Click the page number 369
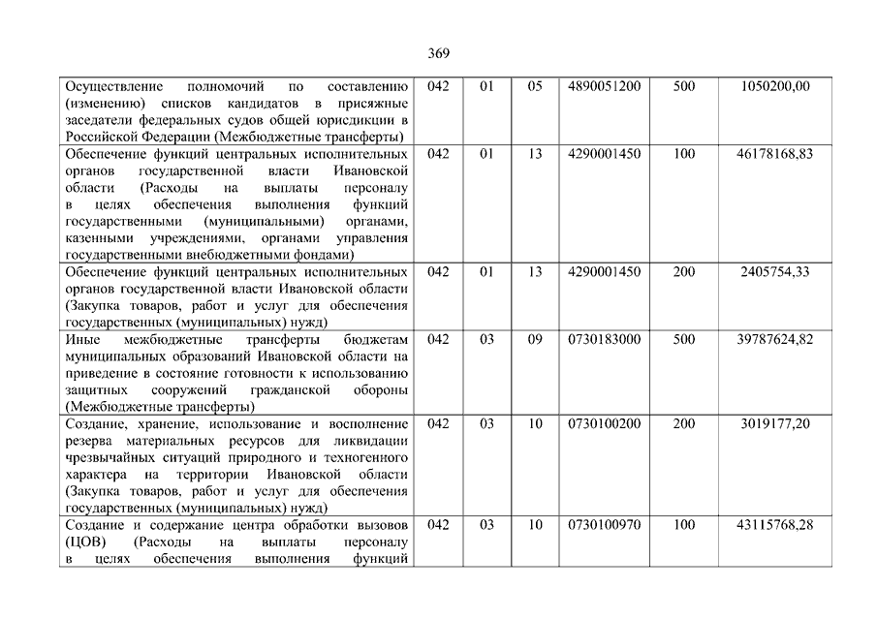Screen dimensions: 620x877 point(438,52)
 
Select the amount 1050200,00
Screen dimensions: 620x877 point(774,86)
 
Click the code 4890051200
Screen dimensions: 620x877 point(605,86)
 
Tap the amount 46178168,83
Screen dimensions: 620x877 point(774,154)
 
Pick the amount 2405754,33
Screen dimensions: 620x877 point(774,272)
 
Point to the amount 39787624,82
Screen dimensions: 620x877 point(774,340)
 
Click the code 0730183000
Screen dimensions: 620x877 point(605,340)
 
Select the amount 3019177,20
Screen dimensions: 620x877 point(774,423)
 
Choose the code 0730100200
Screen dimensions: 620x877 point(605,423)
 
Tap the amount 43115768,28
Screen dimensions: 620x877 point(774,525)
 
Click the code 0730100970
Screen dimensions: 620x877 point(605,525)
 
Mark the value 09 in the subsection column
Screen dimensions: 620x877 point(535,340)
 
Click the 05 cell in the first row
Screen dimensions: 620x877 point(535,86)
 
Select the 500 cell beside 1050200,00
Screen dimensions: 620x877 point(683,86)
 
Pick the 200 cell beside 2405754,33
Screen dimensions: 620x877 point(683,272)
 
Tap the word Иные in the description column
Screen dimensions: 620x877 point(81,340)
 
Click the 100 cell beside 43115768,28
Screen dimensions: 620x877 point(683,525)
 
